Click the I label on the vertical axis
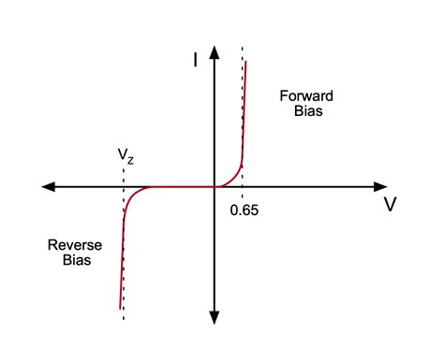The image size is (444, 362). point(194,61)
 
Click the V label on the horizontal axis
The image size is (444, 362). point(390,205)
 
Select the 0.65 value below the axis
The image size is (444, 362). point(244,210)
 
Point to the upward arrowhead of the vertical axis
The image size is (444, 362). point(215,50)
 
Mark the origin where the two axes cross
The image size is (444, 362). point(215,187)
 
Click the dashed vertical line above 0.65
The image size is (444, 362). point(244,103)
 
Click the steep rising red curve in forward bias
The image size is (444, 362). point(244,122)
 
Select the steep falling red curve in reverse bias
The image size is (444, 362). point(123,253)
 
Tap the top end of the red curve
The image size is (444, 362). point(246,62)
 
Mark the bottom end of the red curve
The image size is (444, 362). point(120,308)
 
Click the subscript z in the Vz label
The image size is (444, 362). point(130,158)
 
